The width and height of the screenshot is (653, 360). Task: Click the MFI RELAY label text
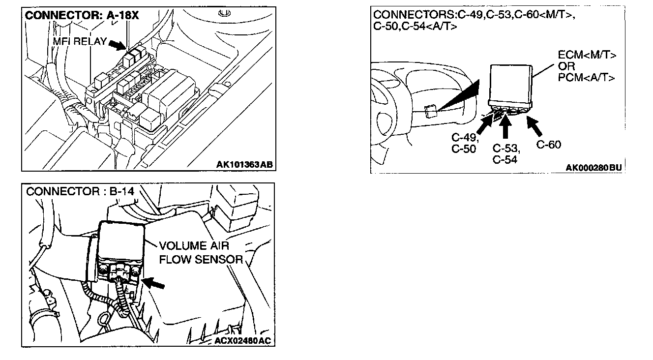coord(79,41)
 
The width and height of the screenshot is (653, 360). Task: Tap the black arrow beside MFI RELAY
coord(117,45)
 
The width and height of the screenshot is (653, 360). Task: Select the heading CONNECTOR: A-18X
coord(82,16)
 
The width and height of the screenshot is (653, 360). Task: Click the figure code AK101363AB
coord(244,164)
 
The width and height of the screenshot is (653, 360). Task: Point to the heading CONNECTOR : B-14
coord(80,191)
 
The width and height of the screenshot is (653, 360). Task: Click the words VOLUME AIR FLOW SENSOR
coord(201,252)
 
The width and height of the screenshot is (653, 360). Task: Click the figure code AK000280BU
coord(594,167)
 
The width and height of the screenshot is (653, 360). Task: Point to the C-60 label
coord(548,145)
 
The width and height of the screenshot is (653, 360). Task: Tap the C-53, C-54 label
coord(506,153)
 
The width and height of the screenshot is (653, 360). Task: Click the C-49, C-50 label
coord(464,144)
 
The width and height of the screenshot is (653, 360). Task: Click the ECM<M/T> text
coord(587,55)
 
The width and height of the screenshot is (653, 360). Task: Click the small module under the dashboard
coord(430,112)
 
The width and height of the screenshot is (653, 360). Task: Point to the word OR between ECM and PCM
coord(566,66)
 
